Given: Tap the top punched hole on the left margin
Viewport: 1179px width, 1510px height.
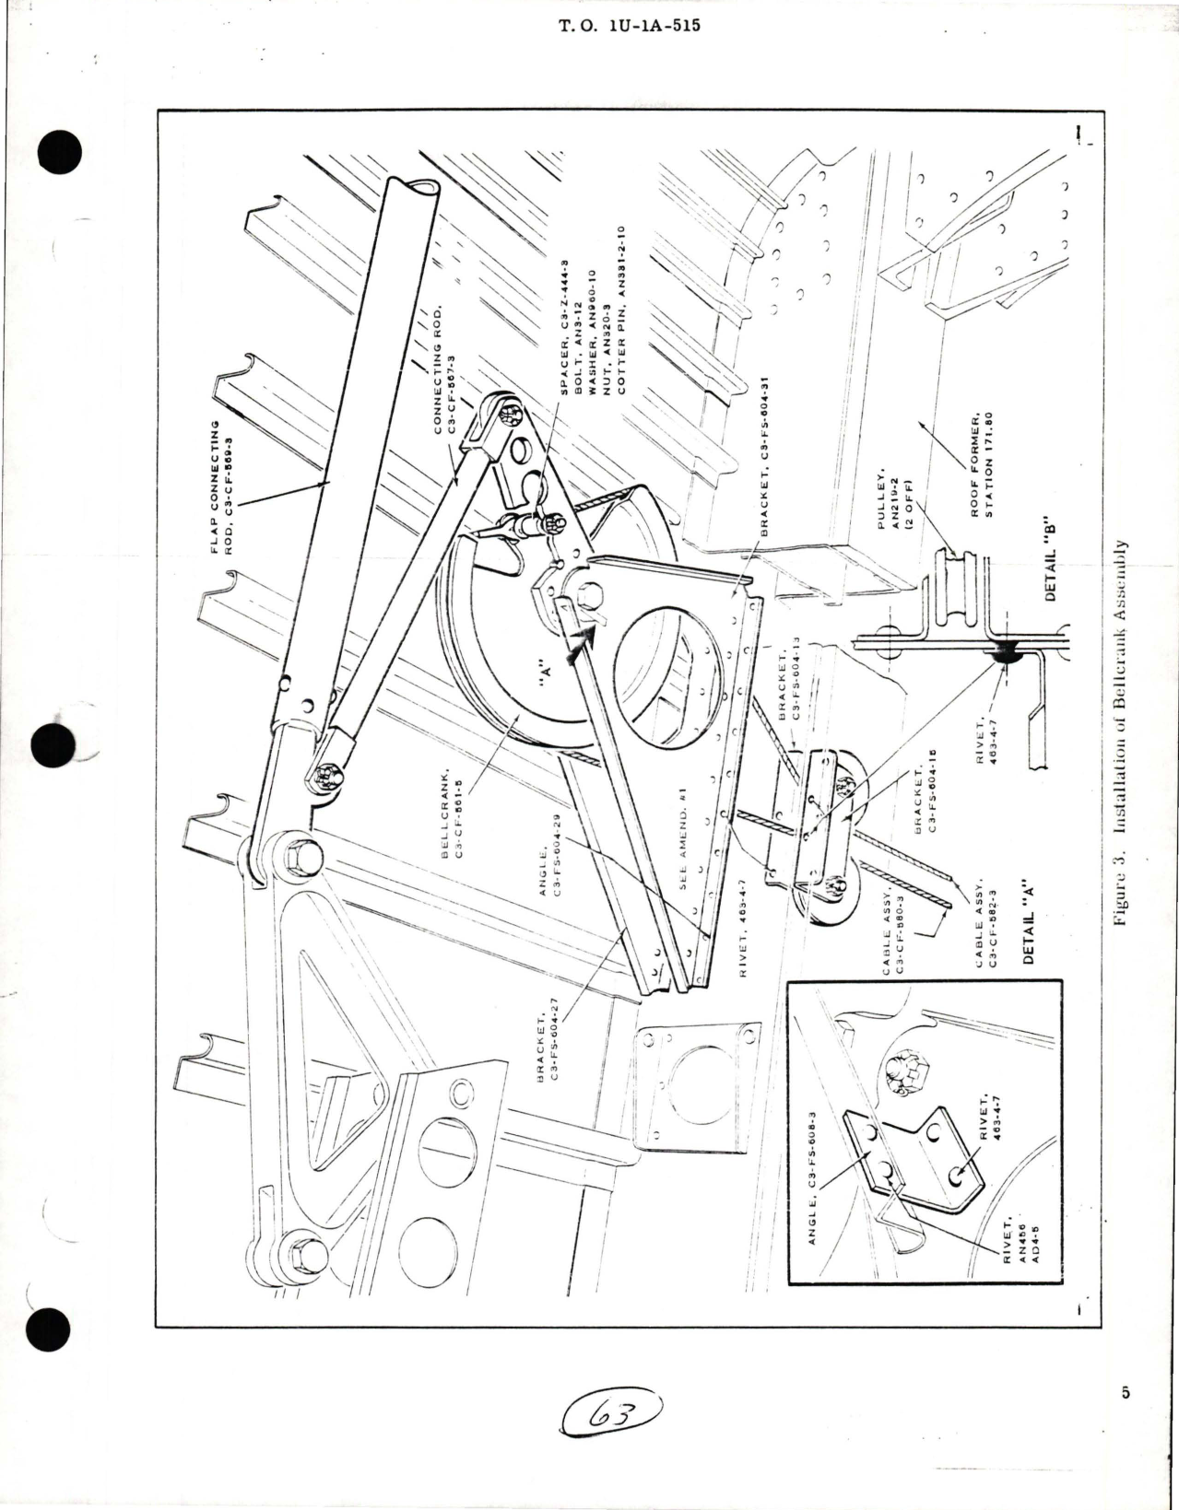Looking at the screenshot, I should [x=62, y=150].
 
